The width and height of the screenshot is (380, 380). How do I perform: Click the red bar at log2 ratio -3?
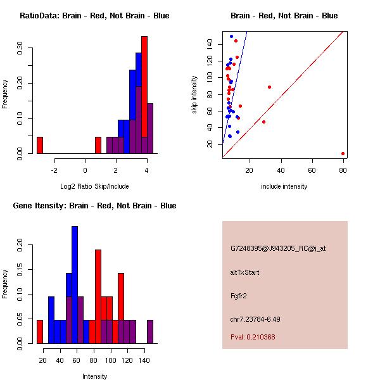40,145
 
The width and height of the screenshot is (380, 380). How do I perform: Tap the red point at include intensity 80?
343,153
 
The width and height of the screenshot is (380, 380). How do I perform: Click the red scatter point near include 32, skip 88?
269,87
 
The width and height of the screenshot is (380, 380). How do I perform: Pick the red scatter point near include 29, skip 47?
263,122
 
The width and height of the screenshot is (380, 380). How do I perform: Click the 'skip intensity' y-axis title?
194,95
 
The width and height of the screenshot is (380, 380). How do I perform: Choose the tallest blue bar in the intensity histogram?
75,285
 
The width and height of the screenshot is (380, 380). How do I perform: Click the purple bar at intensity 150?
150,331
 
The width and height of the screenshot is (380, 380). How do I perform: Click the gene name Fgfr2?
239,295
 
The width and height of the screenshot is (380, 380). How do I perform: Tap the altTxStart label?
244,272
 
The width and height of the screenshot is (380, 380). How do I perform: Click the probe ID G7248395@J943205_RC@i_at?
277,249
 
